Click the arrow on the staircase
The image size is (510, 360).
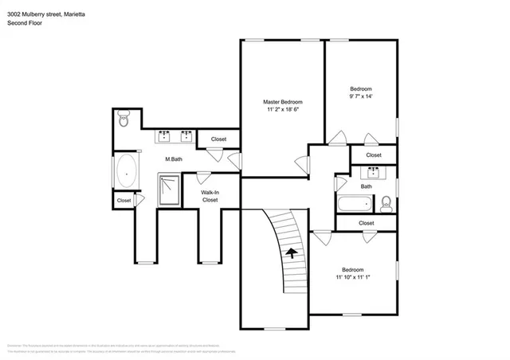pos(292,253)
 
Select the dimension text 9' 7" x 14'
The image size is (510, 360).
pos(361,96)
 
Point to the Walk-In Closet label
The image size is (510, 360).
pos(210,196)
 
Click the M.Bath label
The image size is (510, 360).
pos(174,159)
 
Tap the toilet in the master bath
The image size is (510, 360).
pos(123,120)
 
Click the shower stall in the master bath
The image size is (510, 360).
pos(169,190)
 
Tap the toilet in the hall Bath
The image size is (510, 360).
pos(386,202)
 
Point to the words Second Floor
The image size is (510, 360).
pos(25,23)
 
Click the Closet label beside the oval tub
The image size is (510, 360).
pos(124,201)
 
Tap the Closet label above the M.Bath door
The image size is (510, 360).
pos(218,139)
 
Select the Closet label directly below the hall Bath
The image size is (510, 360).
pos(366,223)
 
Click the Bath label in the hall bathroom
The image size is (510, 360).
pos(366,186)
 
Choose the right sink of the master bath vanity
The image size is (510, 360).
pos(186,135)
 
